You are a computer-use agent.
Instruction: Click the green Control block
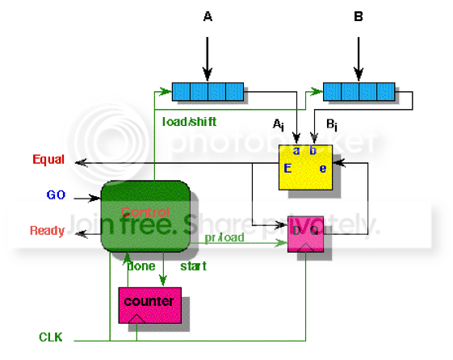coord(145,215)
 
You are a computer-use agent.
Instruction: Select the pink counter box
coord(149,304)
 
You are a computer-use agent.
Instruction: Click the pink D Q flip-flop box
coord(305,235)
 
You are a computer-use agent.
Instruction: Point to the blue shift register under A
coord(208,90)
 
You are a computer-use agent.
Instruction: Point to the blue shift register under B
coord(359,90)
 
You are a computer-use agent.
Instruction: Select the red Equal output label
coord(48,160)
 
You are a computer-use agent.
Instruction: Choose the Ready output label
coord(47,231)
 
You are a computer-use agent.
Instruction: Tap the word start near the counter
coord(192,266)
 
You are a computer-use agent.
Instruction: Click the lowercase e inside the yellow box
coord(321,169)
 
